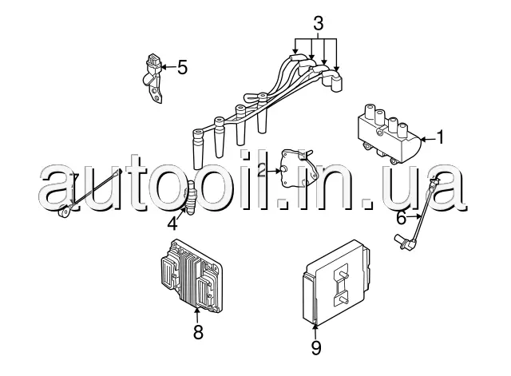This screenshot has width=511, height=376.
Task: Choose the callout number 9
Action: tap(315, 348)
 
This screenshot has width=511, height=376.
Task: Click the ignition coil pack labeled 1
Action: tap(386, 133)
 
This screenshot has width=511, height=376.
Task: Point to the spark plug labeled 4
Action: tap(192, 199)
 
